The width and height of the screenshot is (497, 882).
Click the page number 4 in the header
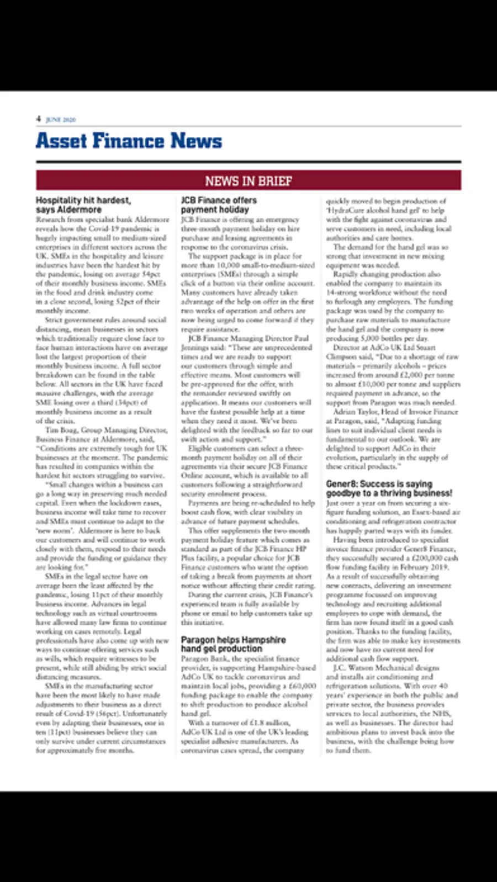click(39, 119)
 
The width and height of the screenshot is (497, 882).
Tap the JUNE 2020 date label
click(61, 119)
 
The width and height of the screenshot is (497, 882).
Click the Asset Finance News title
click(129, 141)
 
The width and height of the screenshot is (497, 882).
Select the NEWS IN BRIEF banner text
click(248, 181)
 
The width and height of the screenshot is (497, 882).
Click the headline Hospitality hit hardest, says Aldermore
click(83, 205)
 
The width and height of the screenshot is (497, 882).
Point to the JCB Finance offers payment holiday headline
click(219, 205)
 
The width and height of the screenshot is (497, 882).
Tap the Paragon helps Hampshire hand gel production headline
click(233, 644)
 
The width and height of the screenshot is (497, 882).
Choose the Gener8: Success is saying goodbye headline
click(389, 488)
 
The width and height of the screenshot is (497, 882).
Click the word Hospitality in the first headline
click(60, 200)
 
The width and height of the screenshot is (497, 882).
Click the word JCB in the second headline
click(188, 200)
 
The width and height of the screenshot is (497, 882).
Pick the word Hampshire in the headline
click(264, 640)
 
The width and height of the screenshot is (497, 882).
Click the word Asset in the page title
click(62, 141)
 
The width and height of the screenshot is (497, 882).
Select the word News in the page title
click(196, 141)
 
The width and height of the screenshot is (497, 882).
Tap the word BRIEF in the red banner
click(274, 181)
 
